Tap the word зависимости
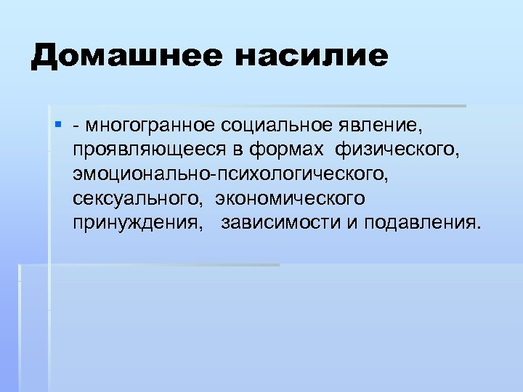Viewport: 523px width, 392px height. pyautogui.click(x=281, y=223)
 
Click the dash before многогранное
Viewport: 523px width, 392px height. pyautogui.click(x=76, y=128)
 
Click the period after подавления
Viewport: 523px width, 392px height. pyautogui.click(x=479, y=227)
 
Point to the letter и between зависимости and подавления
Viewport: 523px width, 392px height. pyautogui.click(x=351, y=223)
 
